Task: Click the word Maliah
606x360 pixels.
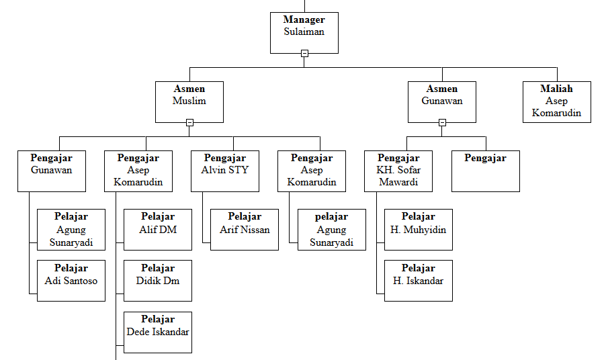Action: [x=556, y=89]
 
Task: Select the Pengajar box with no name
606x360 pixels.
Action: [x=485, y=171]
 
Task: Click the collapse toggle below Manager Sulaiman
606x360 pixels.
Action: [x=304, y=53]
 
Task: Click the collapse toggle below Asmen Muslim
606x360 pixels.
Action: [x=189, y=122]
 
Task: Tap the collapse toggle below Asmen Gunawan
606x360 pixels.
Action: [x=442, y=122]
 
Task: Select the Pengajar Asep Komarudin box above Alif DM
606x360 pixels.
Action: [x=138, y=171]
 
